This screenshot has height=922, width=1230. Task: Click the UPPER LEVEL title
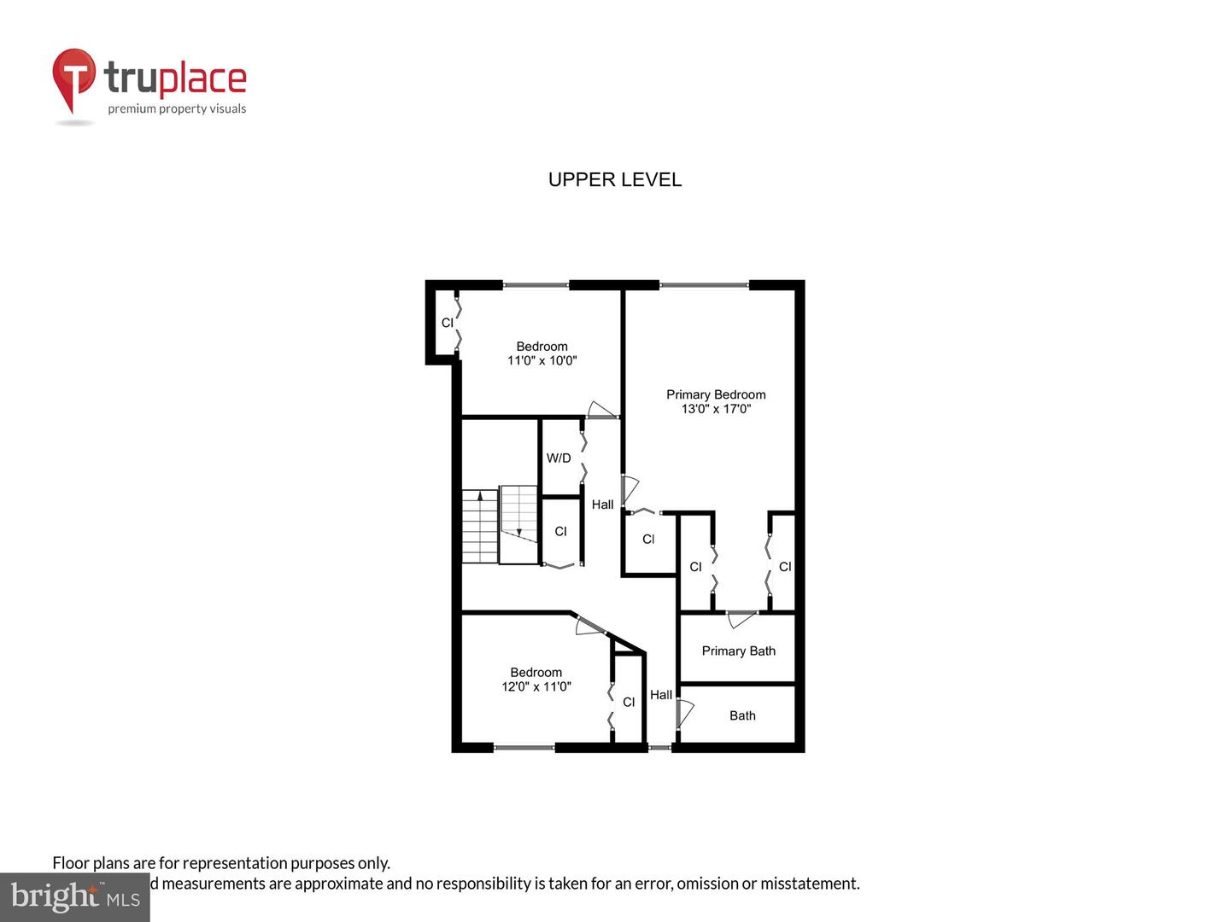point(614,179)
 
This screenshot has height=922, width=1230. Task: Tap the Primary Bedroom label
point(716,394)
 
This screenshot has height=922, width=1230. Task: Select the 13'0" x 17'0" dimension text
point(716,409)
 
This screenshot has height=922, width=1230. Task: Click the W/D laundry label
point(559,458)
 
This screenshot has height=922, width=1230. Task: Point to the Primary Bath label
point(738,651)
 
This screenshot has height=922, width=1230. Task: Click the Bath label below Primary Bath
point(742,715)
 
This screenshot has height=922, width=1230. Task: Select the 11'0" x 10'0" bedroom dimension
point(542,360)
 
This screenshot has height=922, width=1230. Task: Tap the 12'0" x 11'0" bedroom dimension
point(536,686)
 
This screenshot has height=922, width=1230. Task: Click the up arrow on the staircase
point(480,495)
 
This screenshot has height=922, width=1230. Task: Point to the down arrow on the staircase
point(518,532)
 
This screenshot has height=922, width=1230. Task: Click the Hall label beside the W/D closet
point(602,505)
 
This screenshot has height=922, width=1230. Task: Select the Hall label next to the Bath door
point(660,695)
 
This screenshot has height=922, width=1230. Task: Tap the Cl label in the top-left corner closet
point(447,323)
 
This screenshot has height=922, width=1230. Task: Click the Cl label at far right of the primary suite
point(784,567)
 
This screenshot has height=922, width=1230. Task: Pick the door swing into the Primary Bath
point(741,618)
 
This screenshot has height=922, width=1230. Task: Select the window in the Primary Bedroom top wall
point(704,285)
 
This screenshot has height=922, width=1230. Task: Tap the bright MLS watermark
point(75,897)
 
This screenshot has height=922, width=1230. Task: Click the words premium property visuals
point(177,108)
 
